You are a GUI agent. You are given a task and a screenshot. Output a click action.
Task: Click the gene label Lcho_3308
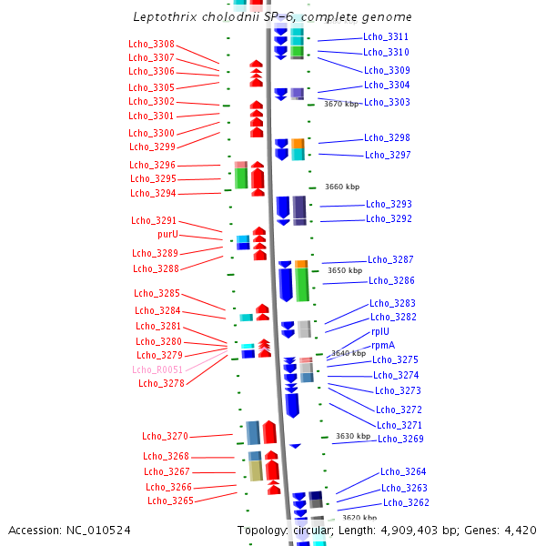point(151,44)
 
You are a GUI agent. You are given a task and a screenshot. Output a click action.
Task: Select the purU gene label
point(167,234)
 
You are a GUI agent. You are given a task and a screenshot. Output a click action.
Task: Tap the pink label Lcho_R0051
point(157,369)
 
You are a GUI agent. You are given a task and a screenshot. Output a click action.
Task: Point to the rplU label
point(380,331)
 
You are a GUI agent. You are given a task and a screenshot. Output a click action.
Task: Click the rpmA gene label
point(383,346)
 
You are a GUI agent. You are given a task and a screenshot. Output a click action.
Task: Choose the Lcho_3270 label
point(165,436)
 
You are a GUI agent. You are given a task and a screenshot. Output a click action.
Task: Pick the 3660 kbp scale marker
point(342,187)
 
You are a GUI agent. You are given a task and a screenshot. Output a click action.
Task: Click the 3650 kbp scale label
point(345,270)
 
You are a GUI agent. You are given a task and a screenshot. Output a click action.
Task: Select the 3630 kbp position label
point(353,436)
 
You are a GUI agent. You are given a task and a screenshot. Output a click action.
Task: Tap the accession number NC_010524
point(98,531)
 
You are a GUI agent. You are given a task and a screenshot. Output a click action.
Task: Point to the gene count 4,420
point(521,531)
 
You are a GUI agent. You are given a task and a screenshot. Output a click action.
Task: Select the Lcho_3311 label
point(386,36)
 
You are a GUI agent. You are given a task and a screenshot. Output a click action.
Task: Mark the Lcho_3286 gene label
point(391,280)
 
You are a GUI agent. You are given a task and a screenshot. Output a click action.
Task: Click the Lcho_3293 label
point(389,204)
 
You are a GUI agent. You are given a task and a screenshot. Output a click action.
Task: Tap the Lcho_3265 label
point(171,500)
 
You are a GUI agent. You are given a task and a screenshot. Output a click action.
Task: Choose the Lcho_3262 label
point(407,502)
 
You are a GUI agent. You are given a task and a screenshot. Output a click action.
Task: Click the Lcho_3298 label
point(388,137)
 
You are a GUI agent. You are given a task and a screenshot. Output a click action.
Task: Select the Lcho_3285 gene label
point(157,293)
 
